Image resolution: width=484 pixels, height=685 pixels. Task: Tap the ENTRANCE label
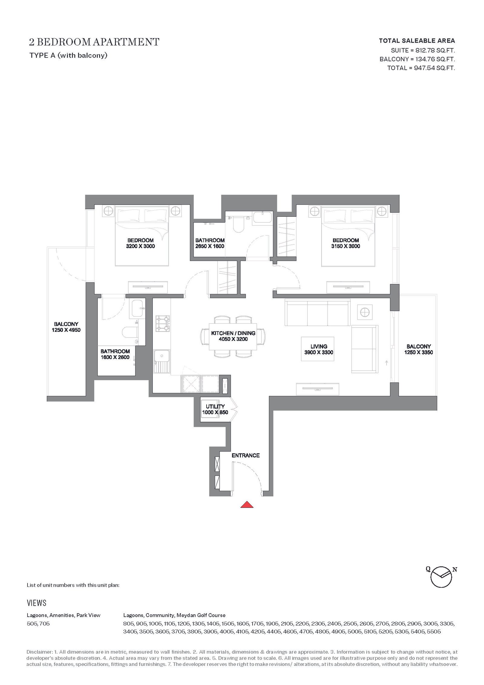coord(246,455)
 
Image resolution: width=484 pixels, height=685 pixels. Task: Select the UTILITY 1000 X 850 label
coord(215,409)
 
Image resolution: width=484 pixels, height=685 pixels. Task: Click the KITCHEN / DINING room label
coord(233,336)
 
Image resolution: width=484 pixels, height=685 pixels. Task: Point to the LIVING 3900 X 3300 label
coord(319,349)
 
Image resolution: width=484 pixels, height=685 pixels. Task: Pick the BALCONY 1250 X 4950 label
coord(66,327)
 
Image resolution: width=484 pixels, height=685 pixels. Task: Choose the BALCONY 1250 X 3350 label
coord(419,349)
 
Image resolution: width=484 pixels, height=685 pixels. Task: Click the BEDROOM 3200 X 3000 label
coord(140,243)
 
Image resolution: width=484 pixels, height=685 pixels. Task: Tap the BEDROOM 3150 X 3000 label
coord(346,243)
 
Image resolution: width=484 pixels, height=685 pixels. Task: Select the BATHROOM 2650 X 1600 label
coord(210,243)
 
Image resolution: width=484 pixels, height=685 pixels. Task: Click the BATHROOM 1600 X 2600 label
coord(115,354)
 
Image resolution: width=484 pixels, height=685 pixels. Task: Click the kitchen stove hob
coord(163,323)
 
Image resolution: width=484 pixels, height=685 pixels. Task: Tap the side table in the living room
coord(365,312)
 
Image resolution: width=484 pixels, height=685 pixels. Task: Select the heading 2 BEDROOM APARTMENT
coord(94,42)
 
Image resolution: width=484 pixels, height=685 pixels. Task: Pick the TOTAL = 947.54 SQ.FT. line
coord(421,68)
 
